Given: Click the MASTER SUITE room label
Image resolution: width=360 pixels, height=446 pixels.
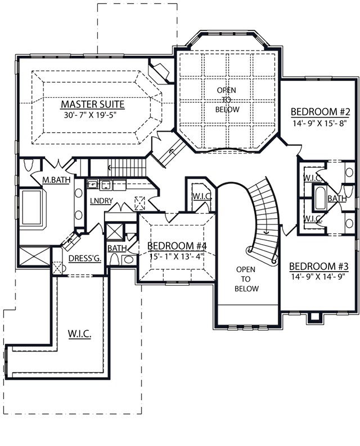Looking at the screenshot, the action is (93, 104).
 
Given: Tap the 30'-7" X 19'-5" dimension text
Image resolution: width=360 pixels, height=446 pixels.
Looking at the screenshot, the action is (91, 115).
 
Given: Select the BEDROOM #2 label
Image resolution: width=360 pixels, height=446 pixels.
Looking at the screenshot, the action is (320, 112).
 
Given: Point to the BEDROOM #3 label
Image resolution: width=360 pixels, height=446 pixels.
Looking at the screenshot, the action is (319, 267).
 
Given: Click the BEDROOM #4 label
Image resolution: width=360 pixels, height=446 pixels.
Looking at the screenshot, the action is (177, 246).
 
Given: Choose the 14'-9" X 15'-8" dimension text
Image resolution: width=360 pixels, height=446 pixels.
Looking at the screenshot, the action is (320, 123).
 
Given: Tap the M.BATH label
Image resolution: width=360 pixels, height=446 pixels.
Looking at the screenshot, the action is (56, 180).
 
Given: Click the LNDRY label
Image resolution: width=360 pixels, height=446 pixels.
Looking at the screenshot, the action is (101, 201).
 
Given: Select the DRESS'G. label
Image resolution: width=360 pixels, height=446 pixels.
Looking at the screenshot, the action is (85, 258).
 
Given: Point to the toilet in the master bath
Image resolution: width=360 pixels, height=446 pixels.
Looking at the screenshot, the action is (29, 165).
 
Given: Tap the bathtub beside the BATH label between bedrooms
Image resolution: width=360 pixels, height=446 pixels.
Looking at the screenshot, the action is (321, 199).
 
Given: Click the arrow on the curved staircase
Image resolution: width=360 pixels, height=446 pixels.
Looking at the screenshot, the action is (267, 232).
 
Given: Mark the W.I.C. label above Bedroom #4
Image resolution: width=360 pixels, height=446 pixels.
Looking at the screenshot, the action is (202, 196).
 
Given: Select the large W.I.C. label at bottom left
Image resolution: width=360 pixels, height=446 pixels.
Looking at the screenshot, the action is (79, 334).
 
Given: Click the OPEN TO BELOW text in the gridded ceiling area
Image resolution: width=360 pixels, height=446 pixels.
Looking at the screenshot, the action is (227, 100).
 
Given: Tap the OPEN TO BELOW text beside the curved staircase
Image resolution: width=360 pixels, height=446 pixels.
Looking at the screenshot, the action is (246, 279).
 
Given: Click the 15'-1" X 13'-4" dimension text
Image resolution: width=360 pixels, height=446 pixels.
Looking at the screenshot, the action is (177, 256).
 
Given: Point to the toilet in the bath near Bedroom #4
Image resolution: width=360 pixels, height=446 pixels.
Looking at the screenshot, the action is (114, 259).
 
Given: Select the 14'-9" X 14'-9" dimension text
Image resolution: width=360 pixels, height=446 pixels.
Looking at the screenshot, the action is (318, 277).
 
